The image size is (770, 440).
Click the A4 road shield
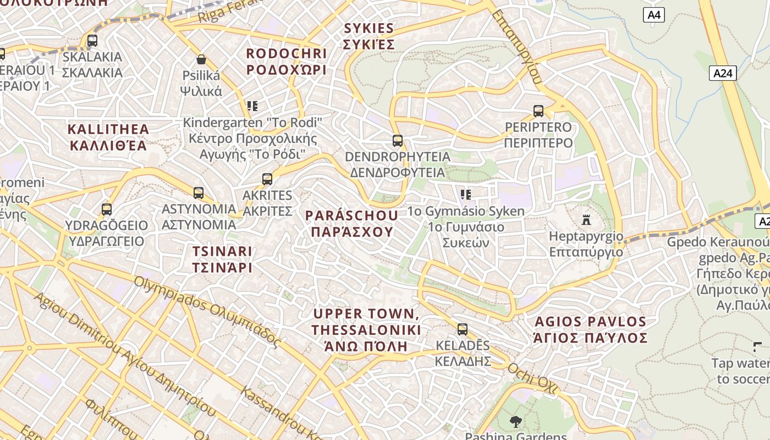point(653,15)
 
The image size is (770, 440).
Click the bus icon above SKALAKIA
point(92,41)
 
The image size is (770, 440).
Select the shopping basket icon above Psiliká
point(201,59)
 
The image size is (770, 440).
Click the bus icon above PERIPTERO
point(538,111)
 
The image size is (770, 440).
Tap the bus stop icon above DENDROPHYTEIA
point(398,141)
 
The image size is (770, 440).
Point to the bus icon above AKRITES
point(267,179)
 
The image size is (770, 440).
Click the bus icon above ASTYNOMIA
point(199,193)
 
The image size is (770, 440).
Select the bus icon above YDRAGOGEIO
point(107,210)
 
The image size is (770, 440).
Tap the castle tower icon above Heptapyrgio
point(586,220)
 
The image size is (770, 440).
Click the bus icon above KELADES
point(463,329)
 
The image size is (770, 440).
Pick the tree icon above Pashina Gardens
point(515,422)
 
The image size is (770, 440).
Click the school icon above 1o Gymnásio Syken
point(466,195)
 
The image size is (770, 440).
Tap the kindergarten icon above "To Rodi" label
point(252,106)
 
